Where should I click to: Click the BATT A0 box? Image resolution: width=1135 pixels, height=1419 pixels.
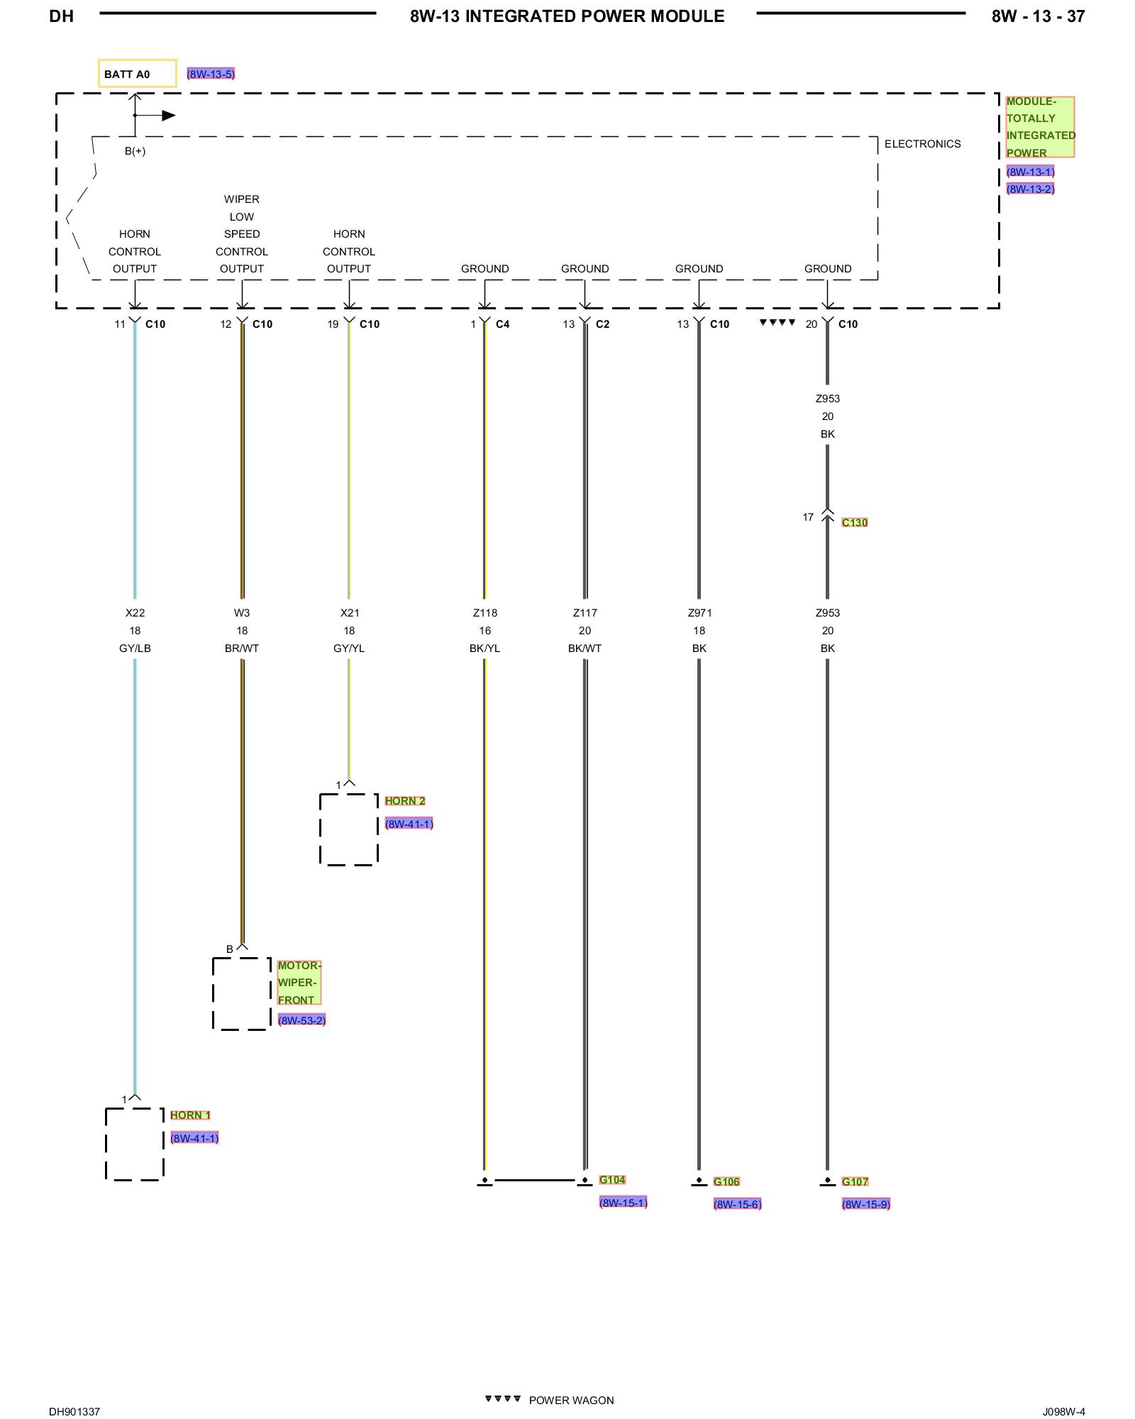point(137,74)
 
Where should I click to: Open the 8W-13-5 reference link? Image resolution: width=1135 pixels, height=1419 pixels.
point(211,74)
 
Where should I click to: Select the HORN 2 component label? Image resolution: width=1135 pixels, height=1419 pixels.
point(405,801)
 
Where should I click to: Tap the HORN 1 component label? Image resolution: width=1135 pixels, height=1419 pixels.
point(190,1115)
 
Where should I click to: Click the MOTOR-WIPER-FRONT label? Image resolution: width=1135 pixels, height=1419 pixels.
point(299,983)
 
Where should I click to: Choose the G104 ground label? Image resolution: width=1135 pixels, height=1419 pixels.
point(612,1180)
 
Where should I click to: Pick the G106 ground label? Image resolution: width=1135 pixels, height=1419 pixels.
point(726,1182)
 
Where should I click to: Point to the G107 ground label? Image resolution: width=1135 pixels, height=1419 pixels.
point(855,1182)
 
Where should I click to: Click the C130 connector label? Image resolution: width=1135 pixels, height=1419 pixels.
point(855,523)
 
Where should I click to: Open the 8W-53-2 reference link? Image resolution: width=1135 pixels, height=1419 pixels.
point(301,1020)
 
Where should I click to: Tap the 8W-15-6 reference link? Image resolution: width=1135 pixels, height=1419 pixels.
point(737,1204)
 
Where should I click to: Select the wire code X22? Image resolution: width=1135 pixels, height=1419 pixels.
point(135,613)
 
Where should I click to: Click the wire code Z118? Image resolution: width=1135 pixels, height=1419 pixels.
point(485,613)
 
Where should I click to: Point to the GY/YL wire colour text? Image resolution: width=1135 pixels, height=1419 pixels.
point(349,648)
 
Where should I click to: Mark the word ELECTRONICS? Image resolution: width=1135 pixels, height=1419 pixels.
point(922,144)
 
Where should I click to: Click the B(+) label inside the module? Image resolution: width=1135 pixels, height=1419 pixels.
point(135,151)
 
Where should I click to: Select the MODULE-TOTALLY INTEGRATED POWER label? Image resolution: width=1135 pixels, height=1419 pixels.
point(1040,127)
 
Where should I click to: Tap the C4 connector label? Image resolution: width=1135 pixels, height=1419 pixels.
point(502,324)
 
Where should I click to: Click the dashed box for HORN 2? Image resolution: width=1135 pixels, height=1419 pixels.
point(348,829)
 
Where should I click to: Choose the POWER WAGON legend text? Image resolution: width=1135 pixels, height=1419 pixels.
point(571,1401)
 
